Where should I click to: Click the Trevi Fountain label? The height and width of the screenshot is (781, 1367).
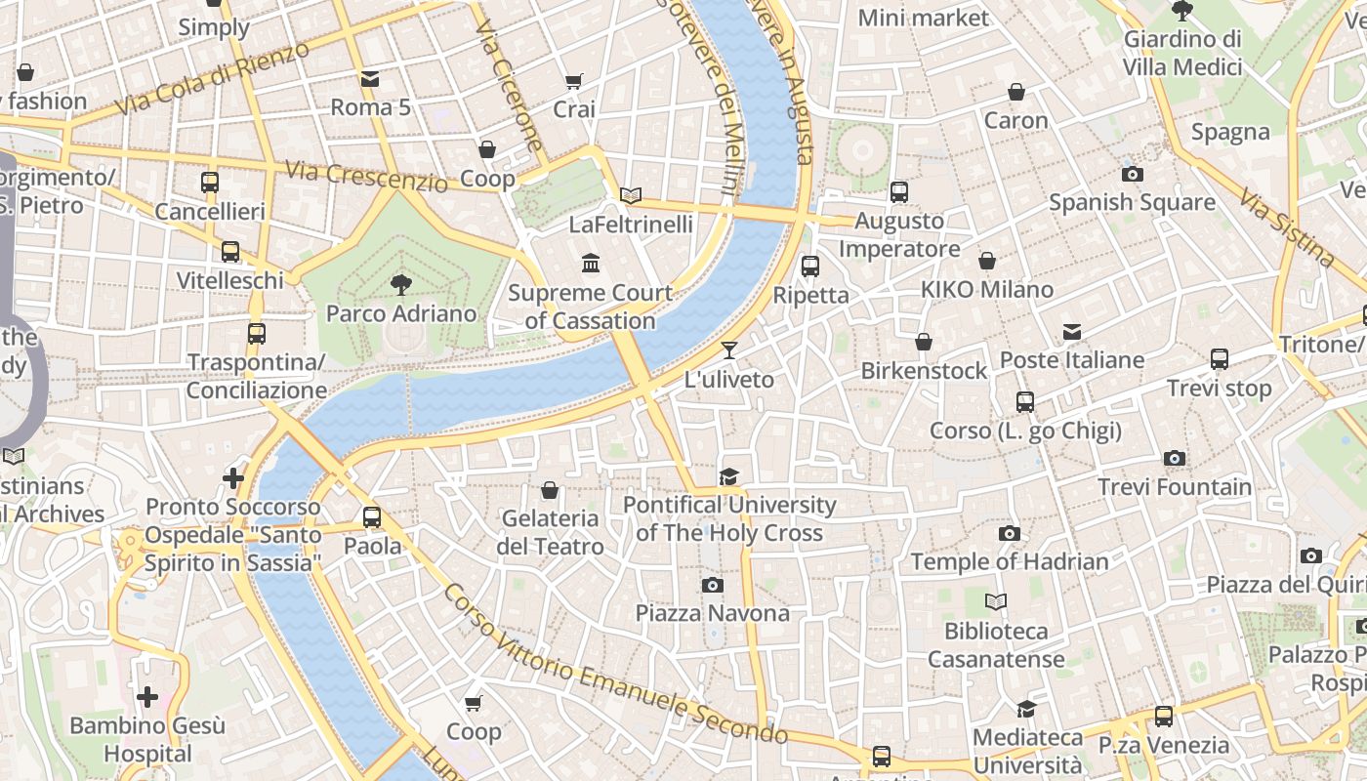click(1174, 486)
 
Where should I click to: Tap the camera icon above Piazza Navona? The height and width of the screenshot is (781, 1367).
click(713, 585)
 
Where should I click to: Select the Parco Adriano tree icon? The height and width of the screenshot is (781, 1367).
click(400, 285)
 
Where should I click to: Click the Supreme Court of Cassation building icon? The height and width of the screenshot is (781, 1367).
click(591, 264)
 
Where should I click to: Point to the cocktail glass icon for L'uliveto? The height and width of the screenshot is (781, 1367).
click(728, 350)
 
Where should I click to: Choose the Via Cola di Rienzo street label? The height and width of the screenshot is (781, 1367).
click(214, 77)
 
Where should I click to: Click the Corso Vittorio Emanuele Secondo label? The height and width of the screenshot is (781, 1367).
click(615, 664)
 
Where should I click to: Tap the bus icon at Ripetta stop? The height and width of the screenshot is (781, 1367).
click(809, 266)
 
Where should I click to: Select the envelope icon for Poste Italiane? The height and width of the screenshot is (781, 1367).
click(1072, 332)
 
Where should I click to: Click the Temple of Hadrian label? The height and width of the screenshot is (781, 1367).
click(1010, 561)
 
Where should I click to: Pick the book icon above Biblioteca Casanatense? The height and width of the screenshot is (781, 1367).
click(995, 602)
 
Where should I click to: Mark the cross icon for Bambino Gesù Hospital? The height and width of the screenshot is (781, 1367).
click(147, 697)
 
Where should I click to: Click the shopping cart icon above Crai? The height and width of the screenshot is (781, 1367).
click(574, 81)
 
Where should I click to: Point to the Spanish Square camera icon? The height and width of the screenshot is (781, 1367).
click(1132, 175)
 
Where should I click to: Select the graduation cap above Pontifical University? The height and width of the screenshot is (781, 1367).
click(728, 476)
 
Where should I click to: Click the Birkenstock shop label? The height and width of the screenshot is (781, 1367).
click(924, 371)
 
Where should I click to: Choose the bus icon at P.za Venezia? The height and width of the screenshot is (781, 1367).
click(1163, 717)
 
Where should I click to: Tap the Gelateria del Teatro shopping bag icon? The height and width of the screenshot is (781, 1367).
click(550, 490)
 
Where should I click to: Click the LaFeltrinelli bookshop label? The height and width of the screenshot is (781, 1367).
click(631, 225)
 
